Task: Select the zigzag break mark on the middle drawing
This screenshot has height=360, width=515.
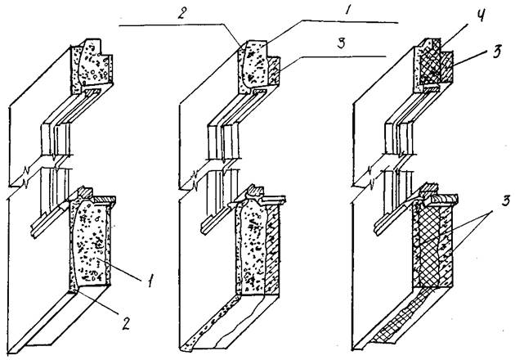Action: click(x=196, y=177)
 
